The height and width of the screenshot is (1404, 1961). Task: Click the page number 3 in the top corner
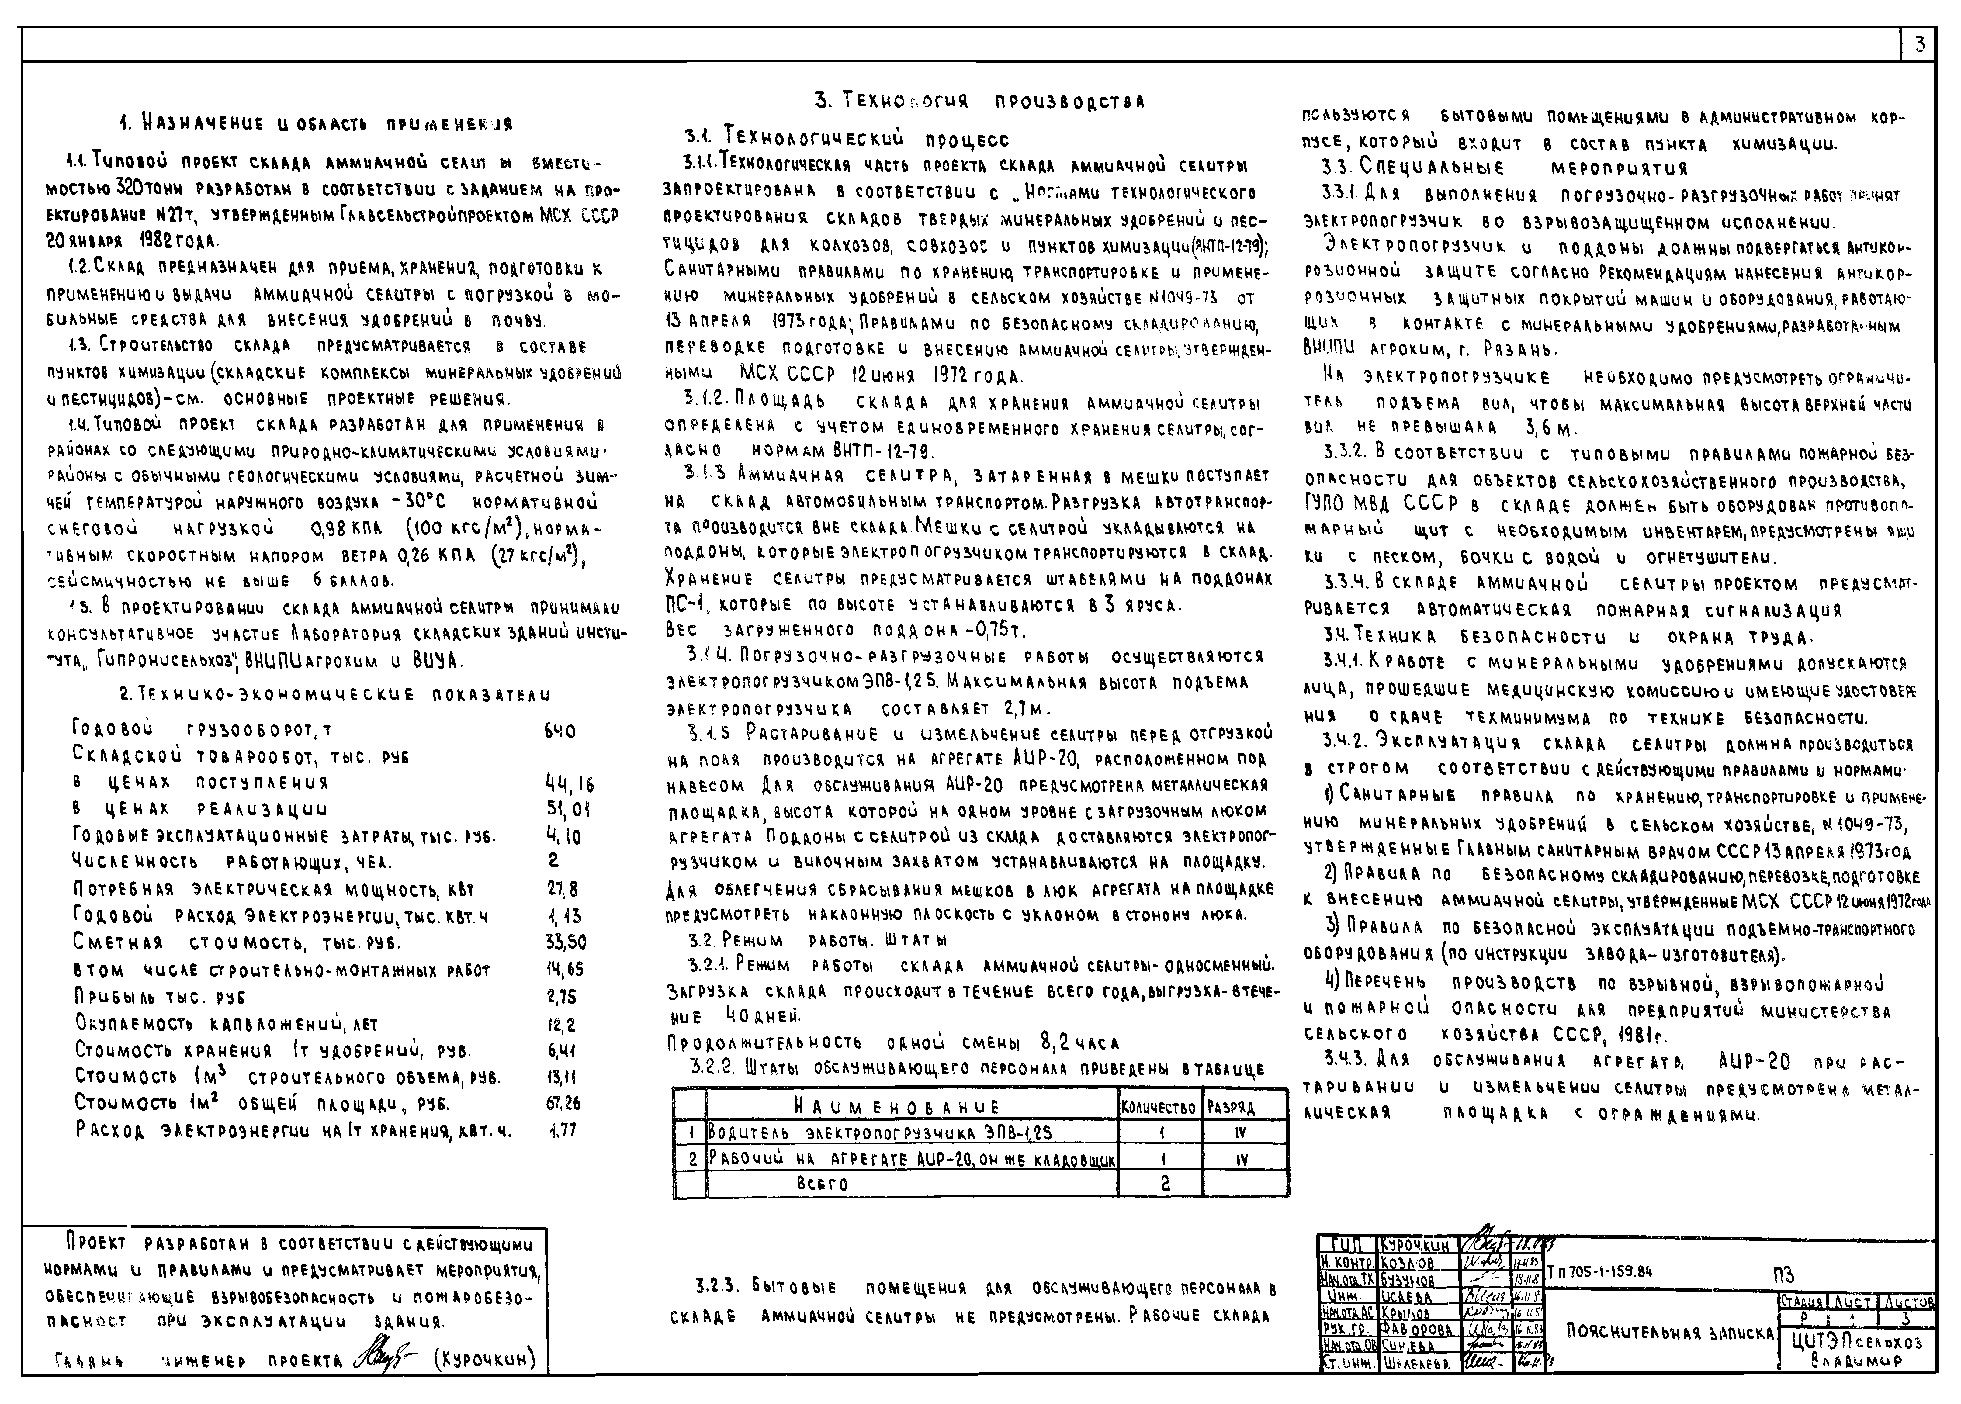(x=1920, y=45)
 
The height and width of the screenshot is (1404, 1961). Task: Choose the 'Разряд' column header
(x=1231, y=1108)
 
